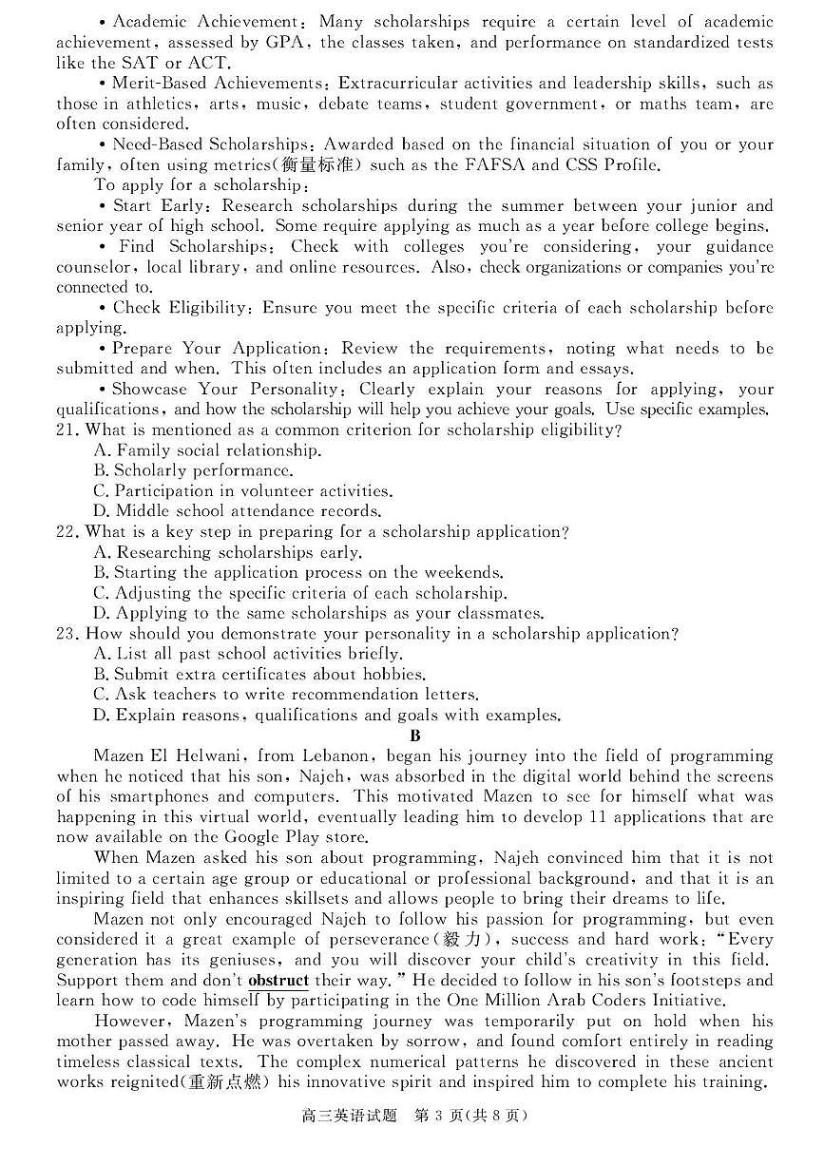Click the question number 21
coord(66,430)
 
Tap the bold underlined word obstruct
coord(278,981)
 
